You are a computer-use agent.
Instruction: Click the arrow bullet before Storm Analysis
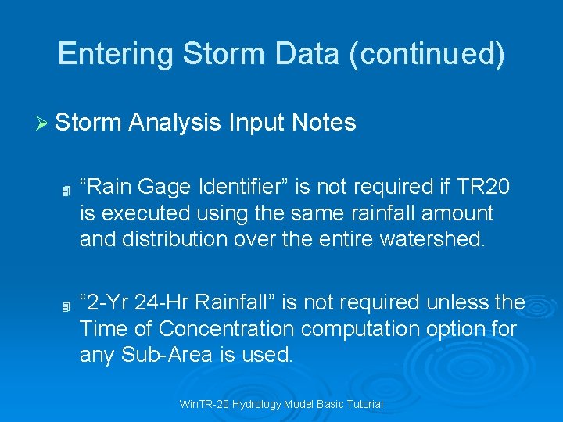click(43, 123)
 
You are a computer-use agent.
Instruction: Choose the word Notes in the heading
click(324, 123)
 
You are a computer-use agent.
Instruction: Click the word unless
click(457, 302)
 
